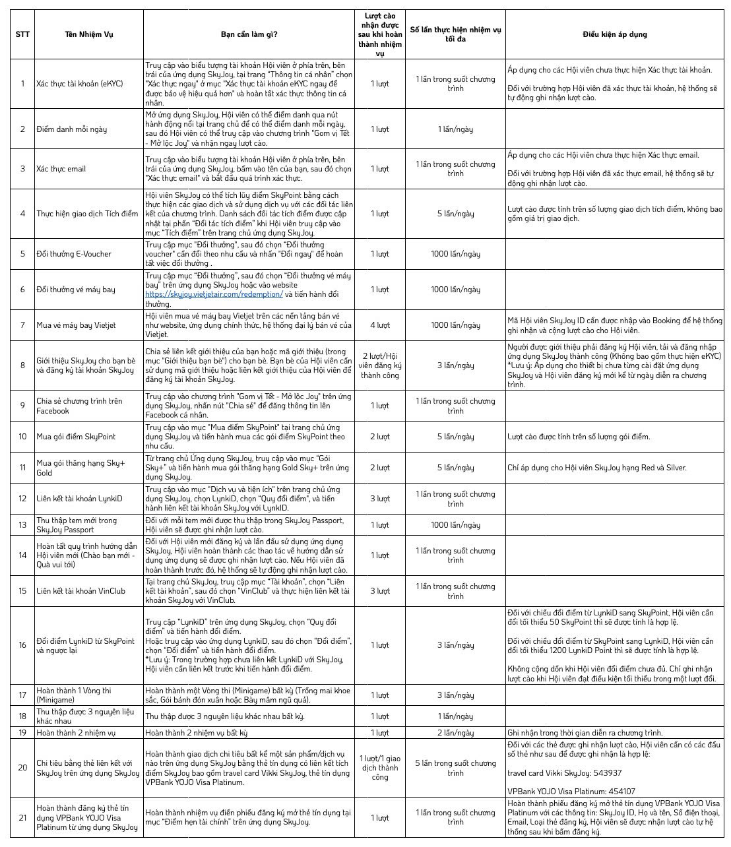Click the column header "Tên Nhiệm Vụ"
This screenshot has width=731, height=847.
click(x=88, y=34)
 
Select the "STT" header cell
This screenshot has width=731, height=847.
click(x=22, y=34)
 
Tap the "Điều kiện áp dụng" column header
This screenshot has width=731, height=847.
click(x=614, y=34)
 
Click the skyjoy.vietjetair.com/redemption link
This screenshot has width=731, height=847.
click(x=214, y=294)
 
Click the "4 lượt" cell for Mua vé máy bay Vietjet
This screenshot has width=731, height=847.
click(x=380, y=325)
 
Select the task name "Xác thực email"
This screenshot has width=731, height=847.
click(x=61, y=169)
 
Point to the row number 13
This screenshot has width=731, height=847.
click(x=22, y=525)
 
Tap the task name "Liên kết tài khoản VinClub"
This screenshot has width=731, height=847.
click(x=80, y=591)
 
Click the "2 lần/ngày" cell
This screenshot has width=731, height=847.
click(x=455, y=733)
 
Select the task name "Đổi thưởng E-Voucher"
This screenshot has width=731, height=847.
click(x=74, y=254)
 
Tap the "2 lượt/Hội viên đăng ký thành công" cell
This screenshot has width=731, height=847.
click(x=380, y=365)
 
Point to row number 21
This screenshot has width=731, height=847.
click(x=22, y=818)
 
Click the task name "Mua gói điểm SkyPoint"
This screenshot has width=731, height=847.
click(x=76, y=437)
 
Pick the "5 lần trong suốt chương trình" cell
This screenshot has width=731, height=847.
click(x=455, y=768)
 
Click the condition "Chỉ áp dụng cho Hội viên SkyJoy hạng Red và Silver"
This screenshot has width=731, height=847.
click(x=597, y=468)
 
